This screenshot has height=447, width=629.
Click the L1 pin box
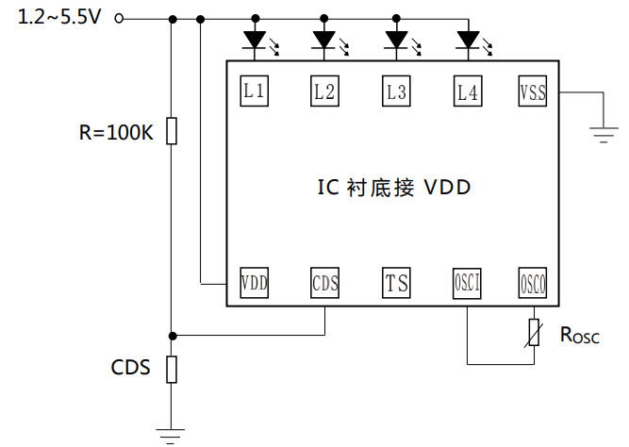tap(254, 91)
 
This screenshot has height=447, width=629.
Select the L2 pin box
tap(323, 91)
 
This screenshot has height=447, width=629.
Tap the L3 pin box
tap(396, 91)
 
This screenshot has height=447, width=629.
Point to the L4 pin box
tap(468, 91)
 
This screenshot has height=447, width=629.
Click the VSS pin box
tap(534, 91)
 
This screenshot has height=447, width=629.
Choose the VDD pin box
tap(254, 282)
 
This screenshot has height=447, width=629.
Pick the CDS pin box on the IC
tap(324, 282)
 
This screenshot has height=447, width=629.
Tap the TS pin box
tap(396, 282)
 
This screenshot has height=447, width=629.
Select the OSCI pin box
tap(468, 282)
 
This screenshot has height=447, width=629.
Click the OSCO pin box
tap(534, 282)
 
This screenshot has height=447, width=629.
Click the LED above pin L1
tap(254, 41)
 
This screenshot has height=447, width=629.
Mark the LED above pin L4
tap(468, 41)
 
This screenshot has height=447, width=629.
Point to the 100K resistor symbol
tap(171, 131)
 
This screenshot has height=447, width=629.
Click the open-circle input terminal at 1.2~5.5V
tap(119, 18)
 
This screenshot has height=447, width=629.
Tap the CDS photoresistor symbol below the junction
tap(171, 369)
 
